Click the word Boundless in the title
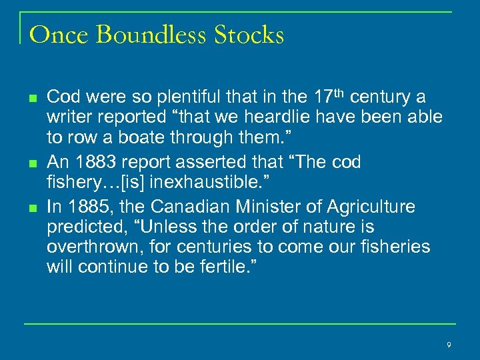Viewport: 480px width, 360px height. (x=151, y=35)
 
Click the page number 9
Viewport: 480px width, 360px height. (x=449, y=344)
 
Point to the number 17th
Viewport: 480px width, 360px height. (x=328, y=97)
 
